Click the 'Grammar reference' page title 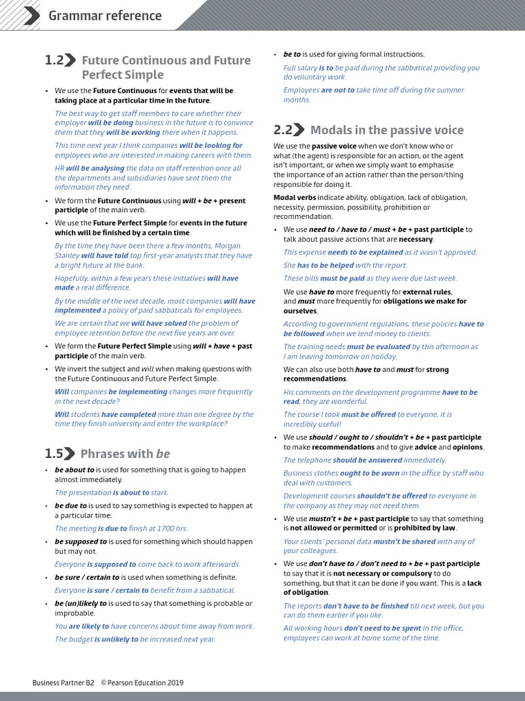pos(105,16)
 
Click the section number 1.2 pos(54,60)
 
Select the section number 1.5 pos(54,453)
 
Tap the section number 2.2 pos(283,130)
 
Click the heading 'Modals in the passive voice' pos(387,130)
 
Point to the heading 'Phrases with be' pos(125,453)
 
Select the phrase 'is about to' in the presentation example pos(131,492)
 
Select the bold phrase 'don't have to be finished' pos(366,606)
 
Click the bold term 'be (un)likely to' pos(81,603)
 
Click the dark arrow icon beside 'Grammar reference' pos(31,16)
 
